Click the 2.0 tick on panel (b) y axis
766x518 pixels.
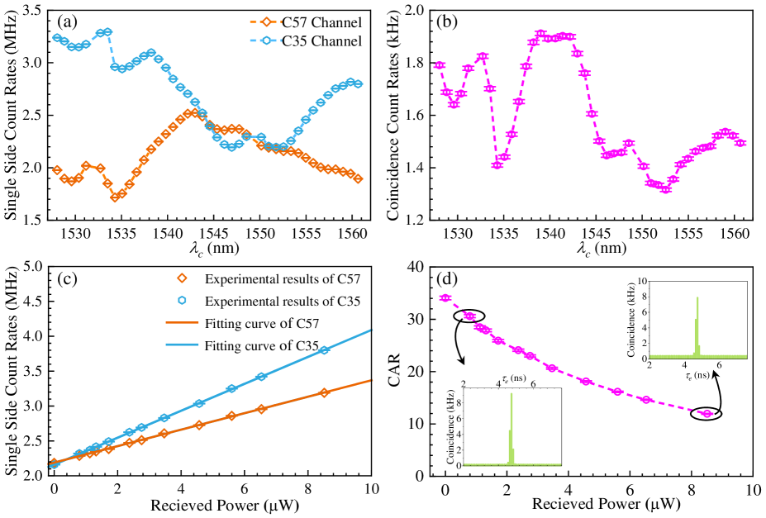click(416, 10)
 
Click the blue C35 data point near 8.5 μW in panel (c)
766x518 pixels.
click(324, 350)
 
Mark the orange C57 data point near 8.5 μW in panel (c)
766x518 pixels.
click(324, 392)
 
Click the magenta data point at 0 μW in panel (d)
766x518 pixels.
click(446, 297)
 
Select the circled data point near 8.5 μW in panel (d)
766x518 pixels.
click(707, 413)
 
